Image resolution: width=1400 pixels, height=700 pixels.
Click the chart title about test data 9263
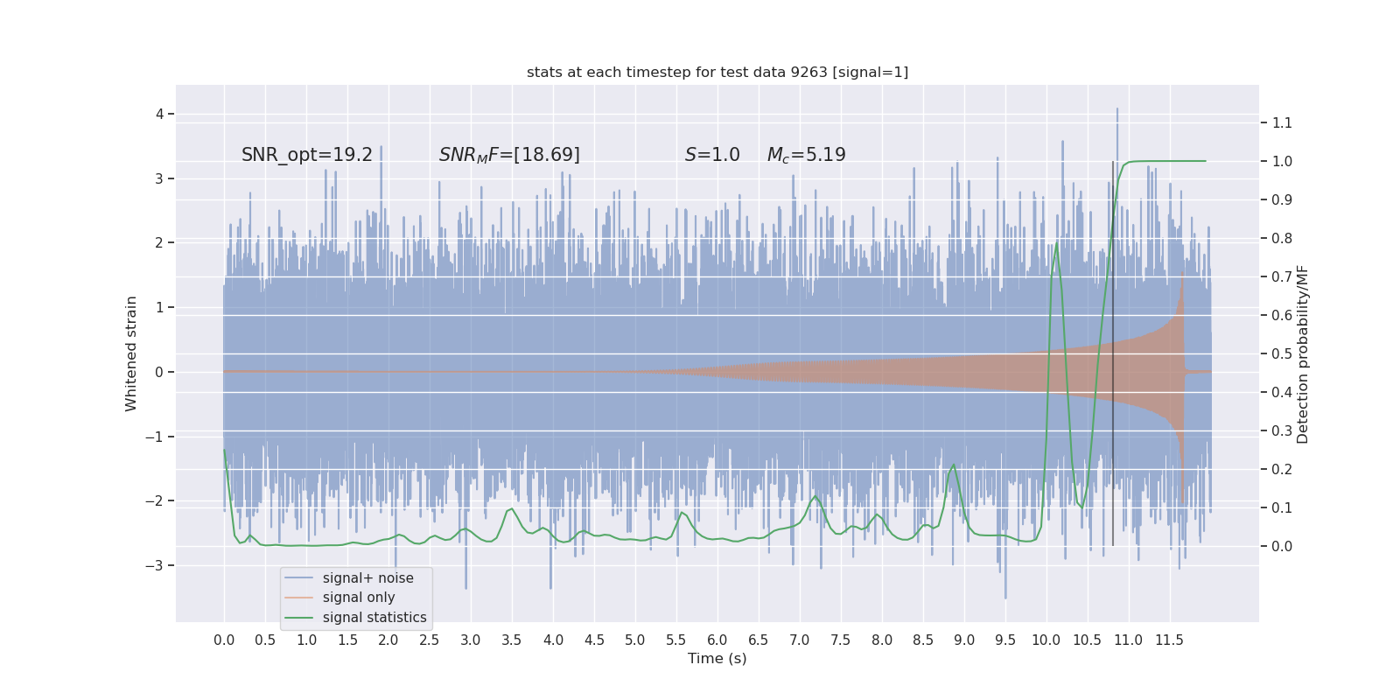click(717, 72)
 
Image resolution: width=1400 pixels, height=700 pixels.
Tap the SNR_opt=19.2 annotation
click(306, 155)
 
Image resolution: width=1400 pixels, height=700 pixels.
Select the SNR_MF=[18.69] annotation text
click(509, 155)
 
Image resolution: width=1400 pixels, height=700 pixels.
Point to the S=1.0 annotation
click(712, 155)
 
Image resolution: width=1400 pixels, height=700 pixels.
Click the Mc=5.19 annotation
click(806, 155)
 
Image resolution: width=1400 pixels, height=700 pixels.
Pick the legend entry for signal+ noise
click(367, 578)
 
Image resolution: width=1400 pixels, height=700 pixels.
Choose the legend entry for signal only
click(359, 598)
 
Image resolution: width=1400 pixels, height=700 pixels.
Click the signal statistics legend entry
click(374, 618)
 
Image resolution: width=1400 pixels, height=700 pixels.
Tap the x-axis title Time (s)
click(717, 659)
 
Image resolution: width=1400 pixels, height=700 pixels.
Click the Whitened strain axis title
click(131, 353)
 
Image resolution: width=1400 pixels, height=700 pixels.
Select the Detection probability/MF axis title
click(1303, 353)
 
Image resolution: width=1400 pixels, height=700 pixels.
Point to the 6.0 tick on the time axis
click(717, 640)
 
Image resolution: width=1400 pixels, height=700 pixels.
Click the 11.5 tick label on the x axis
click(1169, 640)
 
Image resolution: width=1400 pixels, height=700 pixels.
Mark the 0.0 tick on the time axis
click(224, 640)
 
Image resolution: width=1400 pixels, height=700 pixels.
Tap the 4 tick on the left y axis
click(160, 114)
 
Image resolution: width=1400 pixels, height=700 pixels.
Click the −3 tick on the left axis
click(155, 565)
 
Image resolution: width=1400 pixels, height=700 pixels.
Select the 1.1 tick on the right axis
click(1282, 122)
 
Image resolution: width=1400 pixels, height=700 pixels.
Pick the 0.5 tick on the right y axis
click(1282, 353)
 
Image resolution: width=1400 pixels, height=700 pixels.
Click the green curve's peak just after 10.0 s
click(1057, 242)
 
